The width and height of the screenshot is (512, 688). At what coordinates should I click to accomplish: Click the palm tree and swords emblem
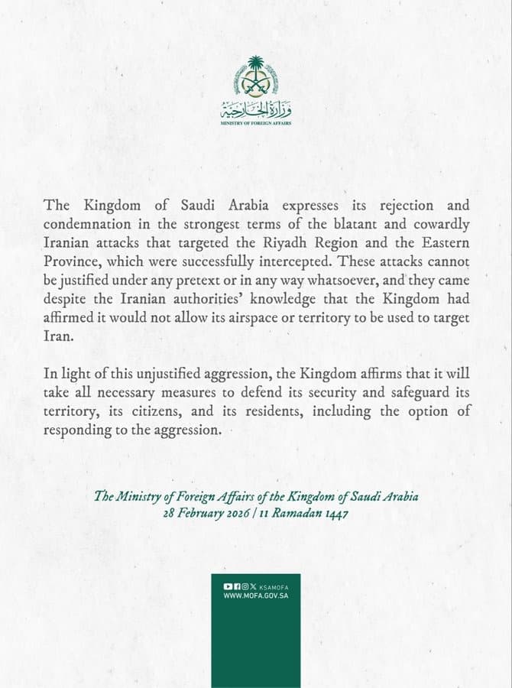point(256,74)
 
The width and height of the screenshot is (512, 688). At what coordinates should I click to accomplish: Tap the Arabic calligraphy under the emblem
point(256,108)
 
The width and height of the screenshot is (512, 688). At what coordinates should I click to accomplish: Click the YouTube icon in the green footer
point(227,586)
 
